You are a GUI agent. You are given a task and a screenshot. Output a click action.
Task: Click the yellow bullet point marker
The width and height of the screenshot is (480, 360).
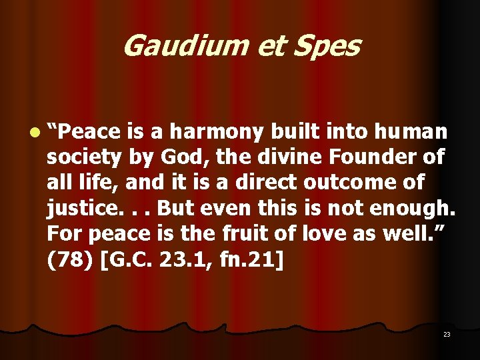coord(33,133)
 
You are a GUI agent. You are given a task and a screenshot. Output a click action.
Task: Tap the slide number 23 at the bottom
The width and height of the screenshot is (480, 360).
coord(447,334)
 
